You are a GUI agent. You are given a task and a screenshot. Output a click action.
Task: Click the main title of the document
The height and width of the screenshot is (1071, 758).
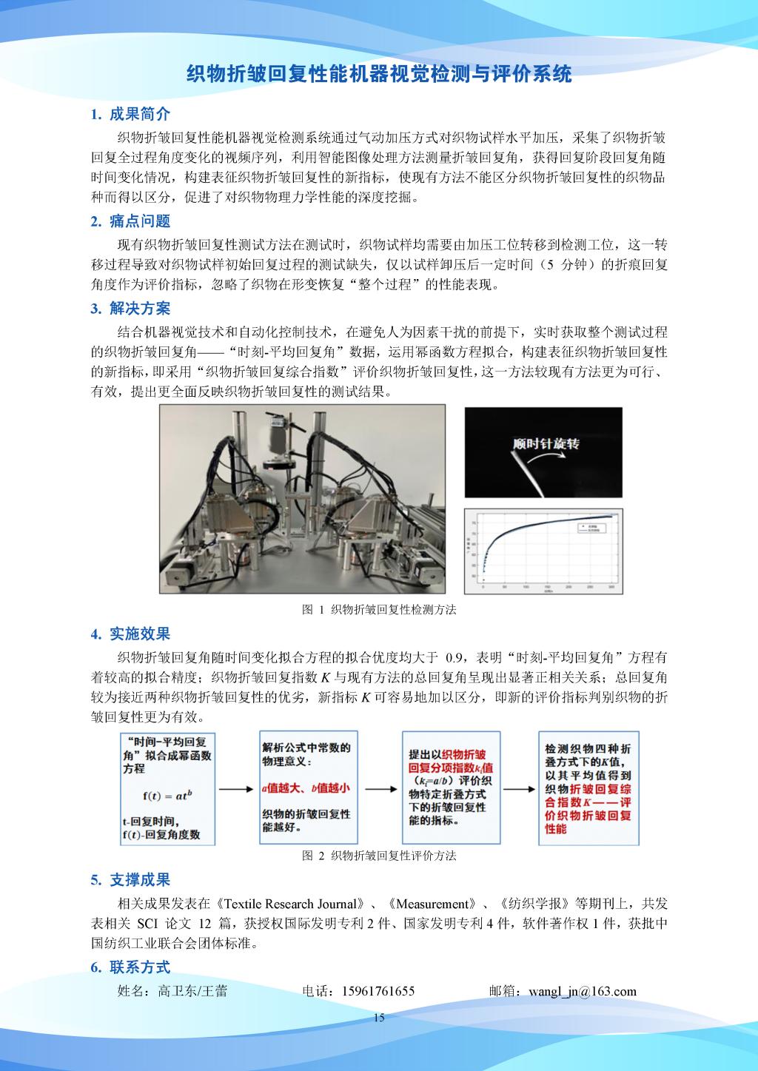point(378,74)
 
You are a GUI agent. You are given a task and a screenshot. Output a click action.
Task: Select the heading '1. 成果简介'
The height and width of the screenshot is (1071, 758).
point(130,114)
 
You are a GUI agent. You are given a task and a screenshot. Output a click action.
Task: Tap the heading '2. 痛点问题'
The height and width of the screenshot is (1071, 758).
point(130,221)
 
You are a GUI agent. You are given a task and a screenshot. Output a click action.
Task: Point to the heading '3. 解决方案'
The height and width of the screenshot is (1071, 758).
point(130,308)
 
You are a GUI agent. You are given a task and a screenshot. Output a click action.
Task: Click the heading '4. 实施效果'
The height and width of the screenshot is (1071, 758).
point(130,634)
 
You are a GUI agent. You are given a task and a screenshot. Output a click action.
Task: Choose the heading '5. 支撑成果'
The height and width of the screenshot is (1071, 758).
point(130,879)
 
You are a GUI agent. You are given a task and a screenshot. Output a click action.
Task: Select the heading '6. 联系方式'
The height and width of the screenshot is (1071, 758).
point(130,967)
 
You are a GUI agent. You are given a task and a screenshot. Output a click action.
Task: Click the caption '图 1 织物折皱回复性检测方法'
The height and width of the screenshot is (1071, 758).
point(379,610)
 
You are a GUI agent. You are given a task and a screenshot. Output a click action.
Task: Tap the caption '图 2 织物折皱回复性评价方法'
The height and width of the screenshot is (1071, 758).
point(379,856)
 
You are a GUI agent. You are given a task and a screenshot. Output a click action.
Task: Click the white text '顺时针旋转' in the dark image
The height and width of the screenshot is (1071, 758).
point(546,444)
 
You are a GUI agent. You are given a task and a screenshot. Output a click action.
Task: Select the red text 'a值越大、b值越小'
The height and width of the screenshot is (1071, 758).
point(306,788)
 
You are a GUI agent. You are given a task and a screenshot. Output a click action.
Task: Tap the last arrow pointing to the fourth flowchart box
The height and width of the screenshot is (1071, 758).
point(518,788)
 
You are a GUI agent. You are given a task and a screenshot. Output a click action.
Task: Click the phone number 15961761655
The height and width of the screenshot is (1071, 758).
point(378,991)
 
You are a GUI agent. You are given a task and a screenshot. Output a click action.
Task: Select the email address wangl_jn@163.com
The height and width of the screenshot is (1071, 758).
point(582,991)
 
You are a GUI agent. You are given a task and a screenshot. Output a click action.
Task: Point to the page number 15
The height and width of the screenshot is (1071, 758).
point(379,1018)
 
